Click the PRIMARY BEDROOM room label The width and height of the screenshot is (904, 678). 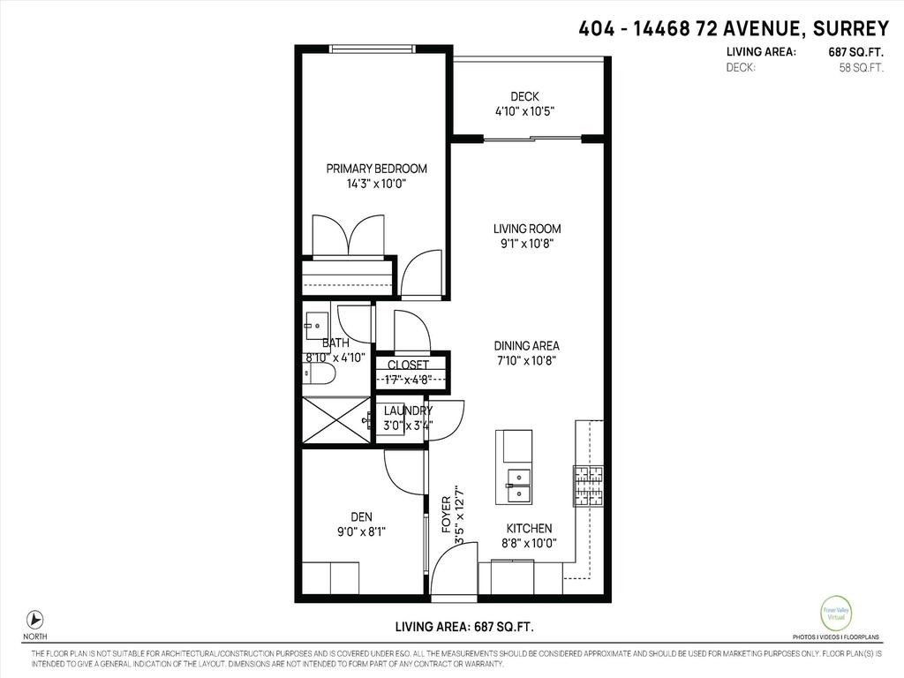pyautogui.click(x=376, y=169)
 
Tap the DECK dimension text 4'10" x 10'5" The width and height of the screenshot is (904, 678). pyautogui.click(x=524, y=112)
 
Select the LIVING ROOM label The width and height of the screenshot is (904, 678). pyautogui.click(x=527, y=229)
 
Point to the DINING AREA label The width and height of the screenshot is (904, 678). pyautogui.click(x=527, y=346)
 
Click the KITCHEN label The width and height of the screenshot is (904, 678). pyautogui.click(x=530, y=528)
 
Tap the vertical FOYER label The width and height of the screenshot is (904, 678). pyautogui.click(x=446, y=514)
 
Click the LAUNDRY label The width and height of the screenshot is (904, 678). pyautogui.click(x=408, y=411)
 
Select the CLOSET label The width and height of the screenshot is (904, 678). pyautogui.click(x=408, y=365)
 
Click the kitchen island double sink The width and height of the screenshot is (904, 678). pyautogui.click(x=517, y=485)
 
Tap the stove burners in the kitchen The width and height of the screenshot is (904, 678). pyautogui.click(x=587, y=486)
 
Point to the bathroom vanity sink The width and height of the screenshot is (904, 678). pyautogui.click(x=315, y=326)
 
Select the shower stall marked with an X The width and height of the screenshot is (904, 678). pyautogui.click(x=336, y=420)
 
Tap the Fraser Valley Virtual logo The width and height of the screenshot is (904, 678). pyautogui.click(x=835, y=614)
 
